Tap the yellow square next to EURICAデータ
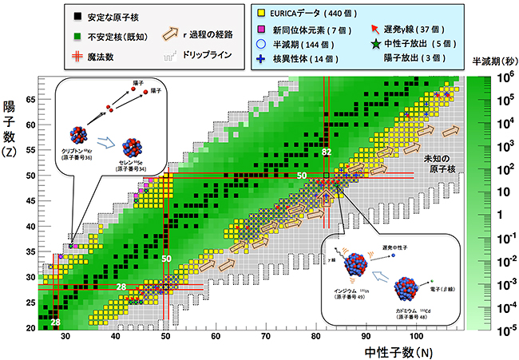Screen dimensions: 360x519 [261, 14]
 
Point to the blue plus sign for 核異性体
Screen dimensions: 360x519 [261, 60]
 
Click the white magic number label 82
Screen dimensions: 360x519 [327, 152]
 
